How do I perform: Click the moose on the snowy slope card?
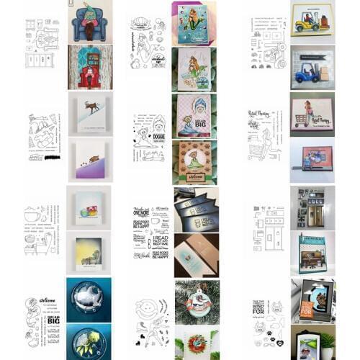[x=94, y=110]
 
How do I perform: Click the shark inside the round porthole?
[x=91, y=296]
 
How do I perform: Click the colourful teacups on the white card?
[x=89, y=212]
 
